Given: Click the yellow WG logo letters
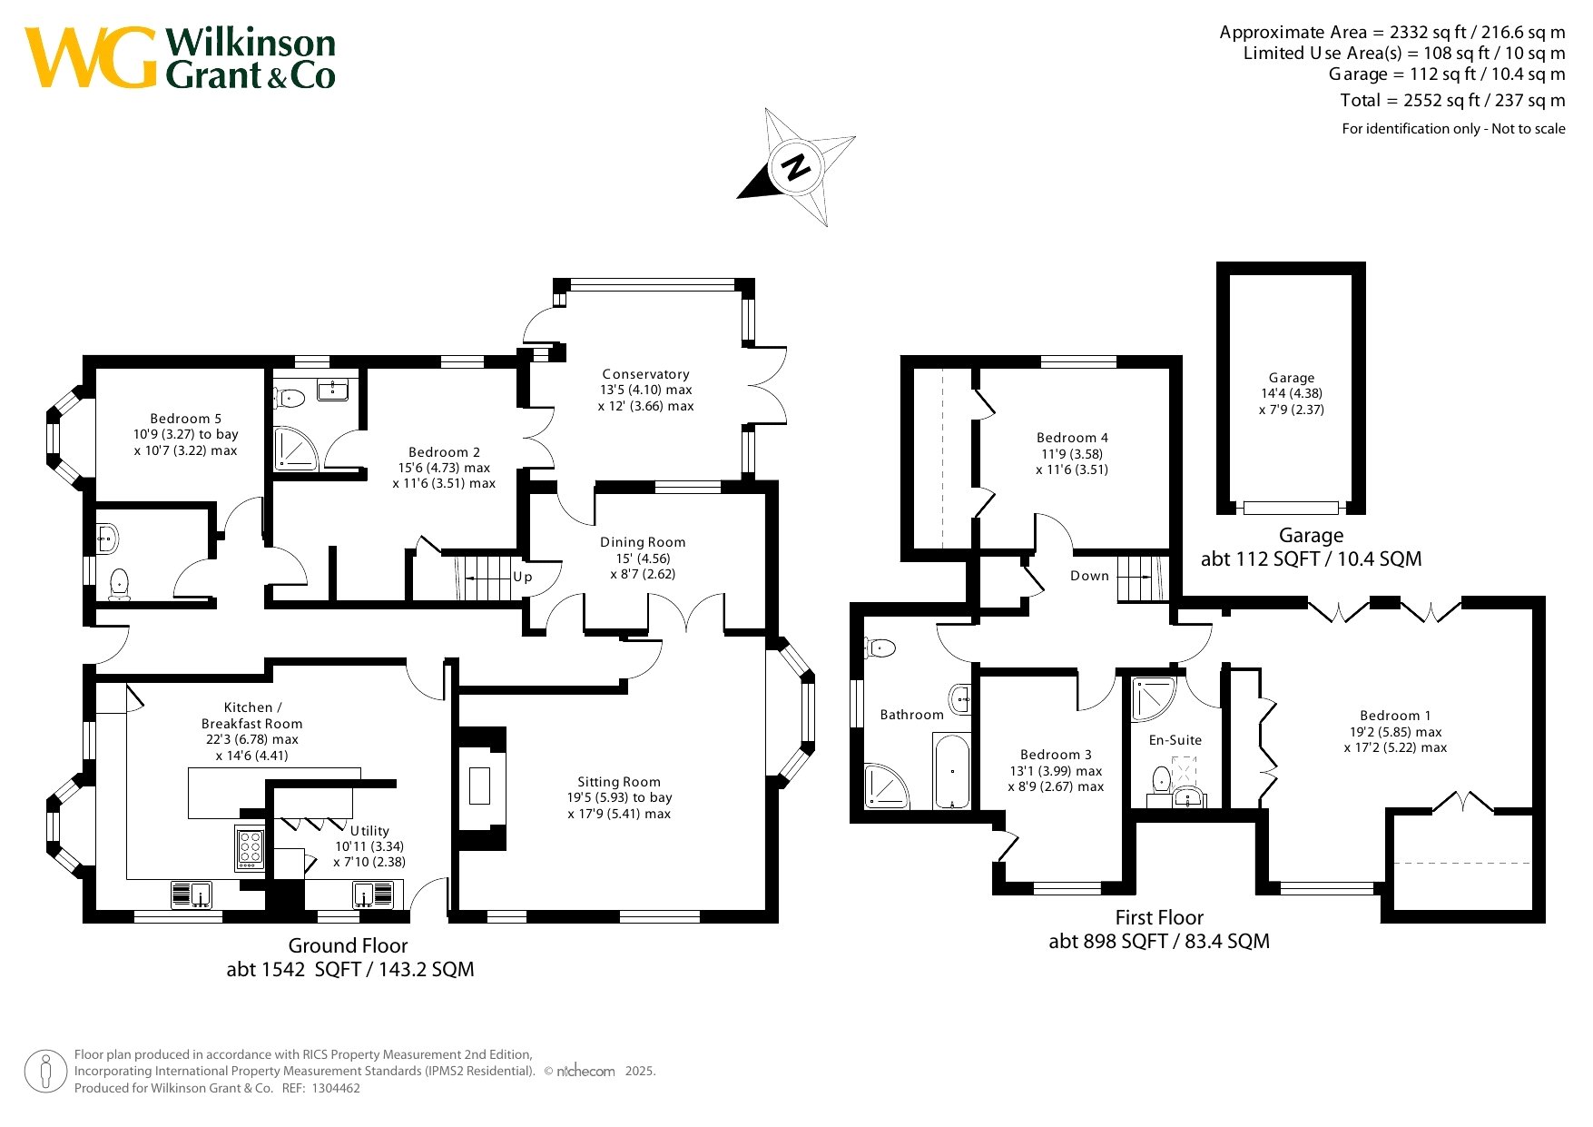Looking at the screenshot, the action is pos(91,57).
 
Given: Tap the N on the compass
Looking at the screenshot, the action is pos(796,167).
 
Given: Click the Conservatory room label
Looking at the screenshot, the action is pos(645,374).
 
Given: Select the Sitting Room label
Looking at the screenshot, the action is pos(619,782).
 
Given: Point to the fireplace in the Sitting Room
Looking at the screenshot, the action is pos(479,786).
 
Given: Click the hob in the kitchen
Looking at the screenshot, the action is pos(250,848).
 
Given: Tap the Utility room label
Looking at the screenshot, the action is pos(369,831).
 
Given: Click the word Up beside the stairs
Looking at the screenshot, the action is pos(523,577).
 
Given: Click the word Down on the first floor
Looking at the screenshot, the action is pos(1089,576).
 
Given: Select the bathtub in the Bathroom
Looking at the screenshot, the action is pos(951,771).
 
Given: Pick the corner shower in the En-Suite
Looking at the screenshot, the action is pos(1154,699).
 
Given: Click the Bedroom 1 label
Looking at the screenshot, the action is pos(1395,716).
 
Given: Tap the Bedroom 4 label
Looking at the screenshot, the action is pos(1072,438).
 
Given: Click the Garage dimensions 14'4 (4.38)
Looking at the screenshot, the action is pos(1292,393).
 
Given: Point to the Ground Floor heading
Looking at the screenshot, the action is pos(348,945).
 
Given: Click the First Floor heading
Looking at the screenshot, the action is pos(1159,917).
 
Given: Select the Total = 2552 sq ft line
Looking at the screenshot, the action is pos(1452,100).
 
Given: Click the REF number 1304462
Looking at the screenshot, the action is pos(335,1088).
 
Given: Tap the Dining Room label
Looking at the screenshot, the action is pos(643,542).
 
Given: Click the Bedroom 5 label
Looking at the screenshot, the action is pos(185,419).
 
